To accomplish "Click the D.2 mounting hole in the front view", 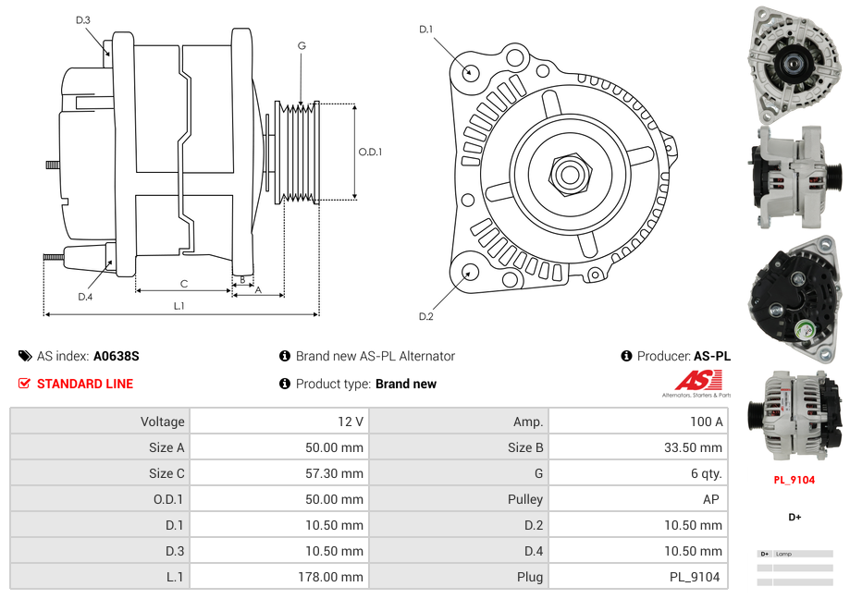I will [x=470, y=272].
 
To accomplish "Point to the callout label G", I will [x=302, y=45].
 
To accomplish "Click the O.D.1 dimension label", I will [x=370, y=153].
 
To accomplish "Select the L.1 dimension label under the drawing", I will [x=179, y=306].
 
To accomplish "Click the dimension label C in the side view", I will [x=184, y=284].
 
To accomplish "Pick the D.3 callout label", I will [x=83, y=19].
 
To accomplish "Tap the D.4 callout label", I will [x=85, y=297].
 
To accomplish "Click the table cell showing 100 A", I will [x=637, y=422].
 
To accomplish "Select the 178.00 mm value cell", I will [x=278, y=577].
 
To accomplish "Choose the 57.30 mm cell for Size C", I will [x=278, y=473].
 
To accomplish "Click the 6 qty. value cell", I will [x=637, y=473].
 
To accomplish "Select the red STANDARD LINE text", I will [x=84, y=384].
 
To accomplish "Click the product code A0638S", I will [x=116, y=356].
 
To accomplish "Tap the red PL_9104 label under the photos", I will [x=795, y=480].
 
